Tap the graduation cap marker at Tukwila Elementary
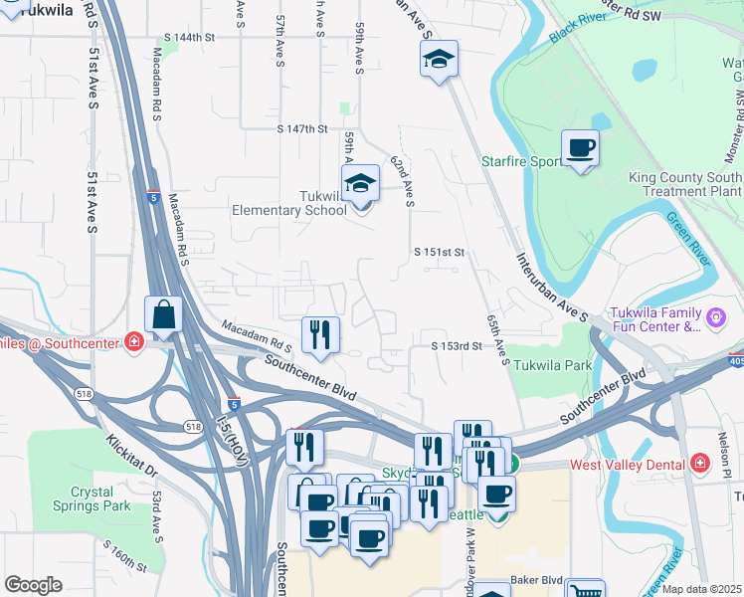tap(361, 183)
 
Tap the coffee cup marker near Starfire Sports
tap(581, 148)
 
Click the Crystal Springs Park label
tap(99, 498)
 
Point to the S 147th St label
tap(302, 128)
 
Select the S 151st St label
tap(440, 253)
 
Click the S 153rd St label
tap(457, 346)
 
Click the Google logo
tap(33, 585)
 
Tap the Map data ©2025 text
tap(701, 590)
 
